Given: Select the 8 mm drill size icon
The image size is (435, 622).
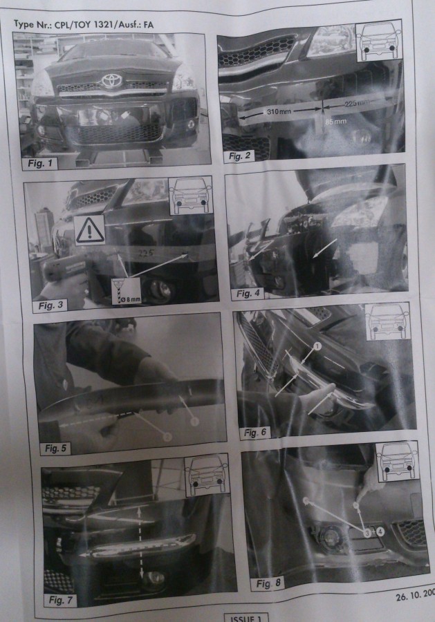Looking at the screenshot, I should (127, 291).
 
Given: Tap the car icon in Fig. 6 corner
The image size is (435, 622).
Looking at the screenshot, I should (387, 321).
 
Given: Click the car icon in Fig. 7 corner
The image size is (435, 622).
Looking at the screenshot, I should (206, 475).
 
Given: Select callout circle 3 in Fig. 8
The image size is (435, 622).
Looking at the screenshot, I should (364, 531).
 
